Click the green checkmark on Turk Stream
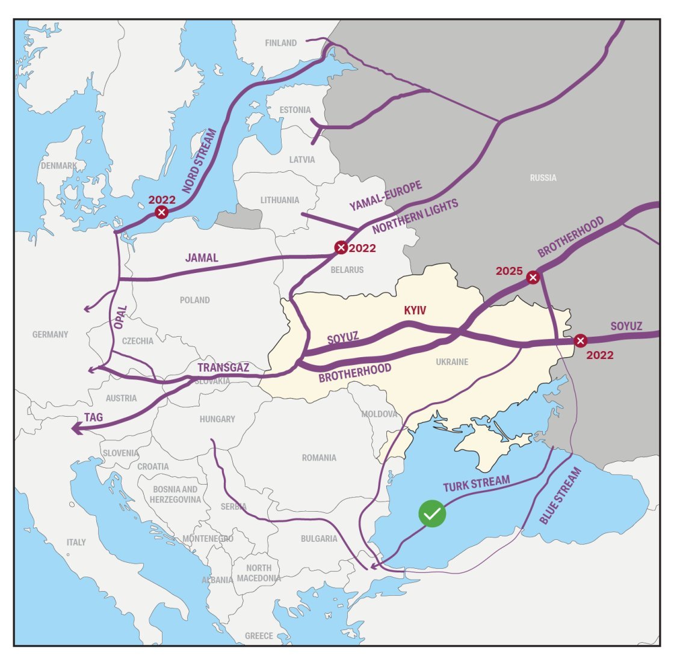(432, 513)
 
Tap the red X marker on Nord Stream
(161, 212)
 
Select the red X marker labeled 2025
(533, 277)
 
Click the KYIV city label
(415, 310)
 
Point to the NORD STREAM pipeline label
(199, 161)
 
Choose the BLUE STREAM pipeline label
(560, 496)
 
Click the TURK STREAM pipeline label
(477, 483)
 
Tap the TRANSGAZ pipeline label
(223, 367)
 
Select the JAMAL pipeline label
(202, 258)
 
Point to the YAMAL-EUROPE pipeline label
(386, 196)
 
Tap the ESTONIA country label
(295, 110)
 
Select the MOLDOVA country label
(379, 414)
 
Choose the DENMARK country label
(58, 165)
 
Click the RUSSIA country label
(543, 177)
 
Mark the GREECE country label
(259, 636)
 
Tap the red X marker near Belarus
(341, 248)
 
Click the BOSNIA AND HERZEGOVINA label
(175, 494)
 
